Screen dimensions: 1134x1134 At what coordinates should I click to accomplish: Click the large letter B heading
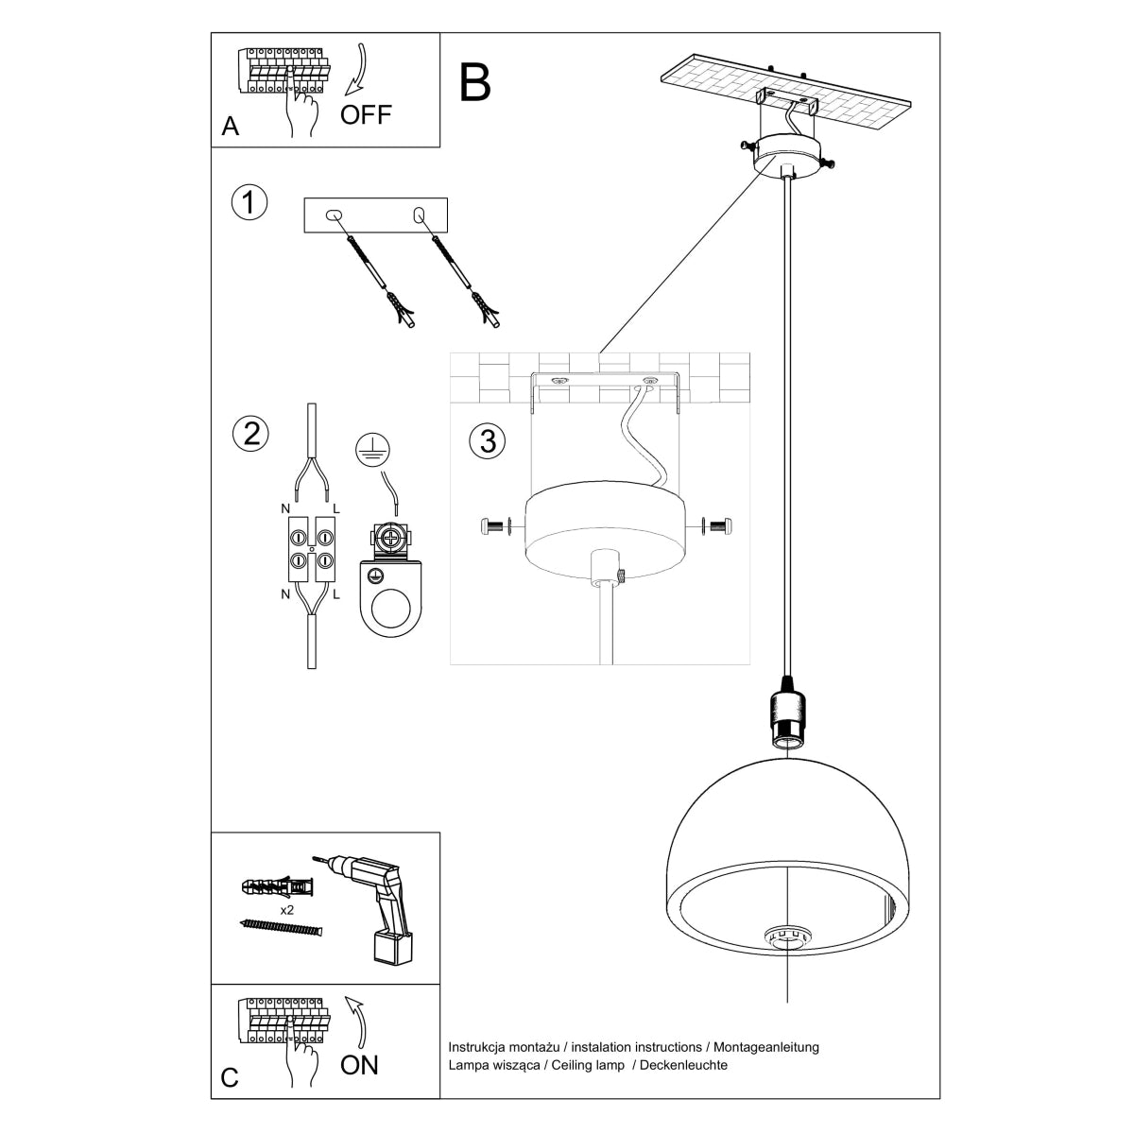(x=475, y=82)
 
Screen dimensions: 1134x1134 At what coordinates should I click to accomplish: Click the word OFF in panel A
(x=366, y=115)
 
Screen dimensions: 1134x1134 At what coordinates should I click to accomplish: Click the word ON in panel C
(x=359, y=1065)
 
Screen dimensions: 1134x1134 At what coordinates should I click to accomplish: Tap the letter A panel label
(x=230, y=127)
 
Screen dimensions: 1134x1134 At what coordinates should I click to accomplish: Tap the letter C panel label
(x=230, y=1079)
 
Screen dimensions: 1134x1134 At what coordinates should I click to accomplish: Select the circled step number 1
(x=249, y=203)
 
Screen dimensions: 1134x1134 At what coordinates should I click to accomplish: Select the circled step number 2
(x=250, y=434)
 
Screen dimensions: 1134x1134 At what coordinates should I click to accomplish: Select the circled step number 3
(x=488, y=441)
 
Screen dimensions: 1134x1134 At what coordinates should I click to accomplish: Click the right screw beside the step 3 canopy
(x=721, y=524)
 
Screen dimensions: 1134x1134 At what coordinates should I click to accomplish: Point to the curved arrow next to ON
(x=359, y=1022)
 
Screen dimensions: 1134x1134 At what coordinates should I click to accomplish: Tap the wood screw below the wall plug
(x=281, y=929)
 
